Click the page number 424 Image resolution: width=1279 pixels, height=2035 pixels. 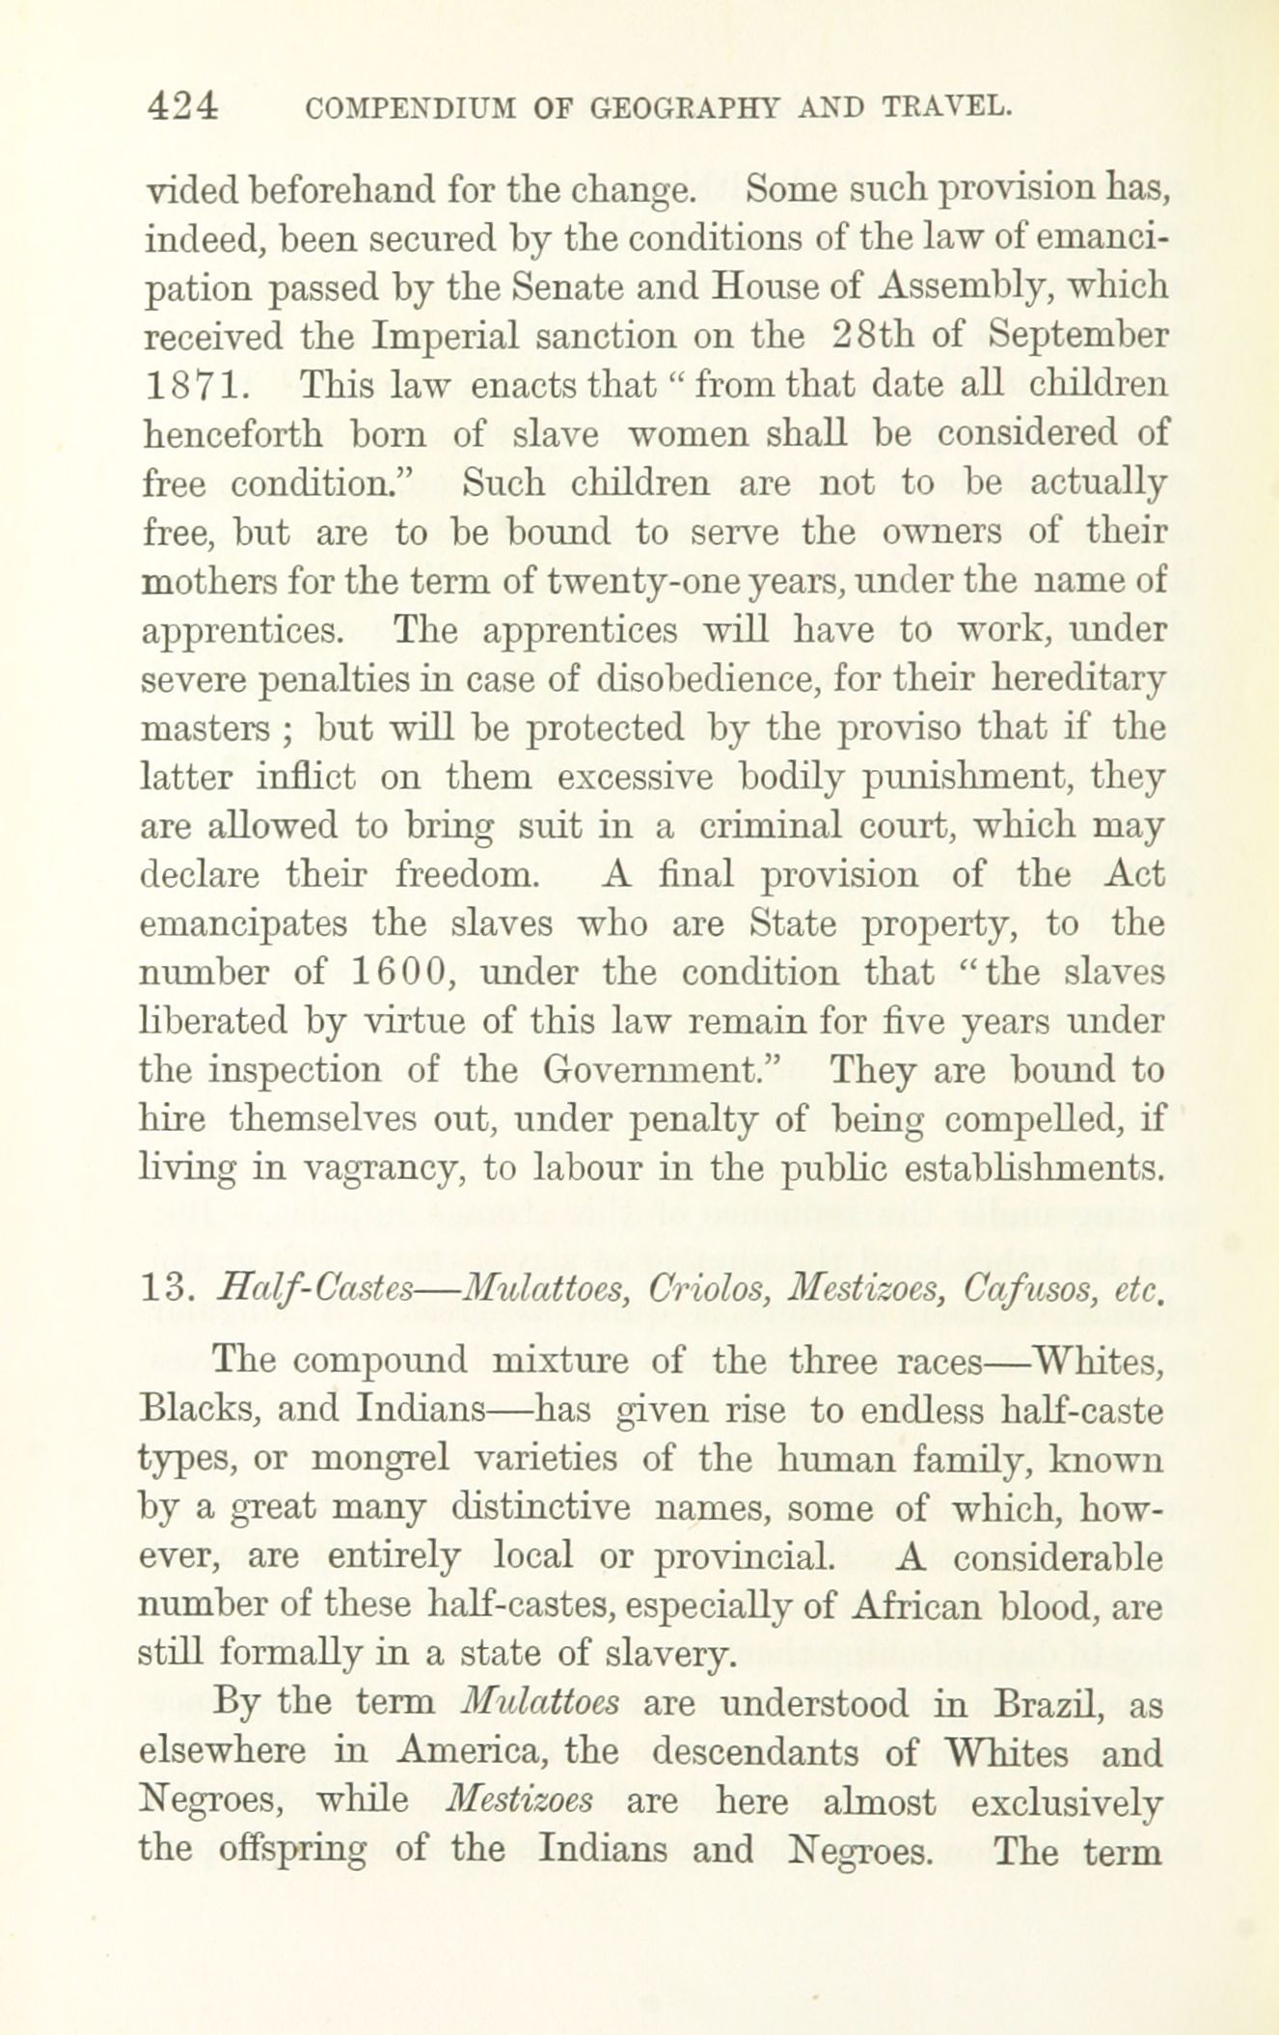(x=183, y=105)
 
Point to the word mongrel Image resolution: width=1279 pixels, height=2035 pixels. (x=389, y=1458)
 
